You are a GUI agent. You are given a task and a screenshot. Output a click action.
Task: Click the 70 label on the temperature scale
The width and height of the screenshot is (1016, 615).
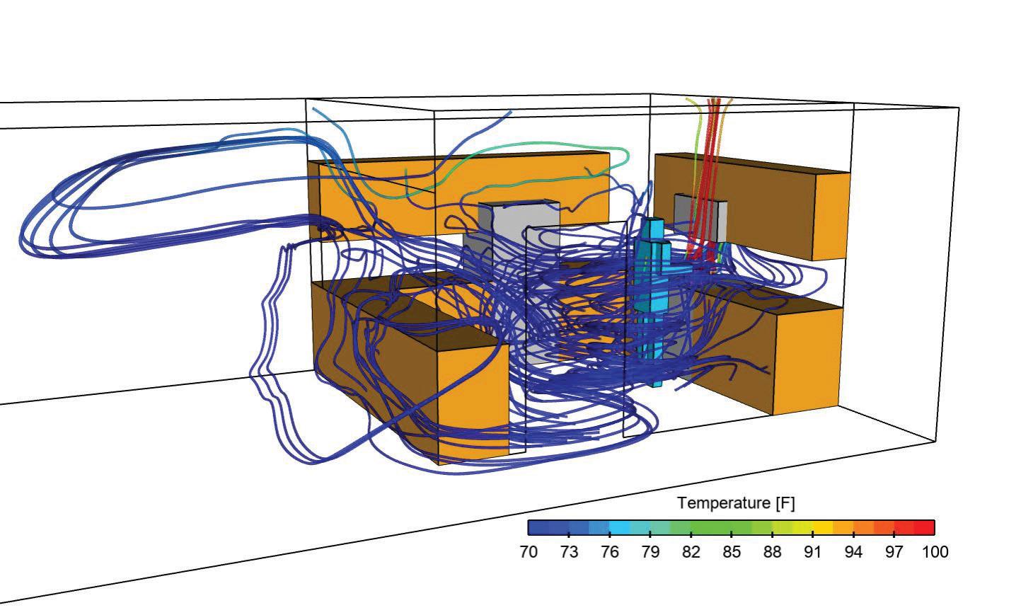pyautogui.click(x=529, y=552)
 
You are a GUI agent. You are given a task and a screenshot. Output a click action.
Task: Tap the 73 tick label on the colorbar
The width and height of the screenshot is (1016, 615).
pyautogui.click(x=569, y=552)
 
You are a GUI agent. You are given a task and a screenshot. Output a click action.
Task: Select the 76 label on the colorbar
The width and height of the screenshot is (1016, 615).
pyautogui.click(x=609, y=552)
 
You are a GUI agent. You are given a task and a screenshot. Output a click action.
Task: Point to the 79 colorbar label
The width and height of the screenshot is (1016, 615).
pyautogui.click(x=650, y=552)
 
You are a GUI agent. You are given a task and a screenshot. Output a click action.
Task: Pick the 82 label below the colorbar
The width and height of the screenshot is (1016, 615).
pyautogui.click(x=691, y=552)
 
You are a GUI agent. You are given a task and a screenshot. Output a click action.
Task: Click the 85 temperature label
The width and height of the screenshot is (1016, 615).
pyautogui.click(x=732, y=552)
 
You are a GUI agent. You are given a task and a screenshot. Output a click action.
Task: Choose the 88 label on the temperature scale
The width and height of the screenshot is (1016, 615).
pyautogui.click(x=772, y=552)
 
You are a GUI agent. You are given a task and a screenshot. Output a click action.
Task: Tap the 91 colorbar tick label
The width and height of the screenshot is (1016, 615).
pyautogui.click(x=813, y=552)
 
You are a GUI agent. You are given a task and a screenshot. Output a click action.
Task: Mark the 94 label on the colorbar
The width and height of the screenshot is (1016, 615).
pyautogui.click(x=853, y=552)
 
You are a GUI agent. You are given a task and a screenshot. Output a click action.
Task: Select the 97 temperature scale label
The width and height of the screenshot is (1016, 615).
pyautogui.click(x=894, y=552)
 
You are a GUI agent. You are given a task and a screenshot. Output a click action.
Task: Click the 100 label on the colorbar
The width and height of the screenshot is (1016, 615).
pyautogui.click(x=935, y=552)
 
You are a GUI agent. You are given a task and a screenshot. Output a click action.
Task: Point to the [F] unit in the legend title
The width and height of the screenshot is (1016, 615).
pyautogui.click(x=785, y=503)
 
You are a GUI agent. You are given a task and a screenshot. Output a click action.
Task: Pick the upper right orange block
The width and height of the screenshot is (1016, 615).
pyautogui.click(x=831, y=216)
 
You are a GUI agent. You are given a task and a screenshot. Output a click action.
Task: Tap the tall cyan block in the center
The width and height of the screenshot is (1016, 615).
pyautogui.click(x=651, y=297)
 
